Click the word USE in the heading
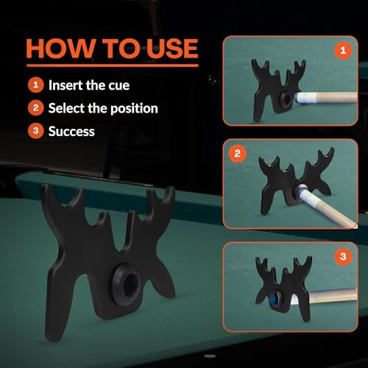click(x=172, y=49)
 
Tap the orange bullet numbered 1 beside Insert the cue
click(x=36, y=85)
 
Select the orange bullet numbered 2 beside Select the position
click(x=36, y=108)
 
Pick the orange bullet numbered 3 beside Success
click(x=36, y=131)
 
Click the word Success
click(x=71, y=131)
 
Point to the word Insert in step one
click(x=66, y=85)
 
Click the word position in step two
click(x=134, y=109)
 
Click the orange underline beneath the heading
click(x=113, y=66)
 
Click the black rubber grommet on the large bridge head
click(x=127, y=285)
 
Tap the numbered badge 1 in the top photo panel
click(x=343, y=50)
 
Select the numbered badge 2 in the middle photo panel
click(x=237, y=154)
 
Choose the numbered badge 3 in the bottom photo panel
click(x=343, y=257)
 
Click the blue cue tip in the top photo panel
click(x=297, y=98)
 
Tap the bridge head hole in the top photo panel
click(x=286, y=99)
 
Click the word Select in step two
click(x=66, y=108)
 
